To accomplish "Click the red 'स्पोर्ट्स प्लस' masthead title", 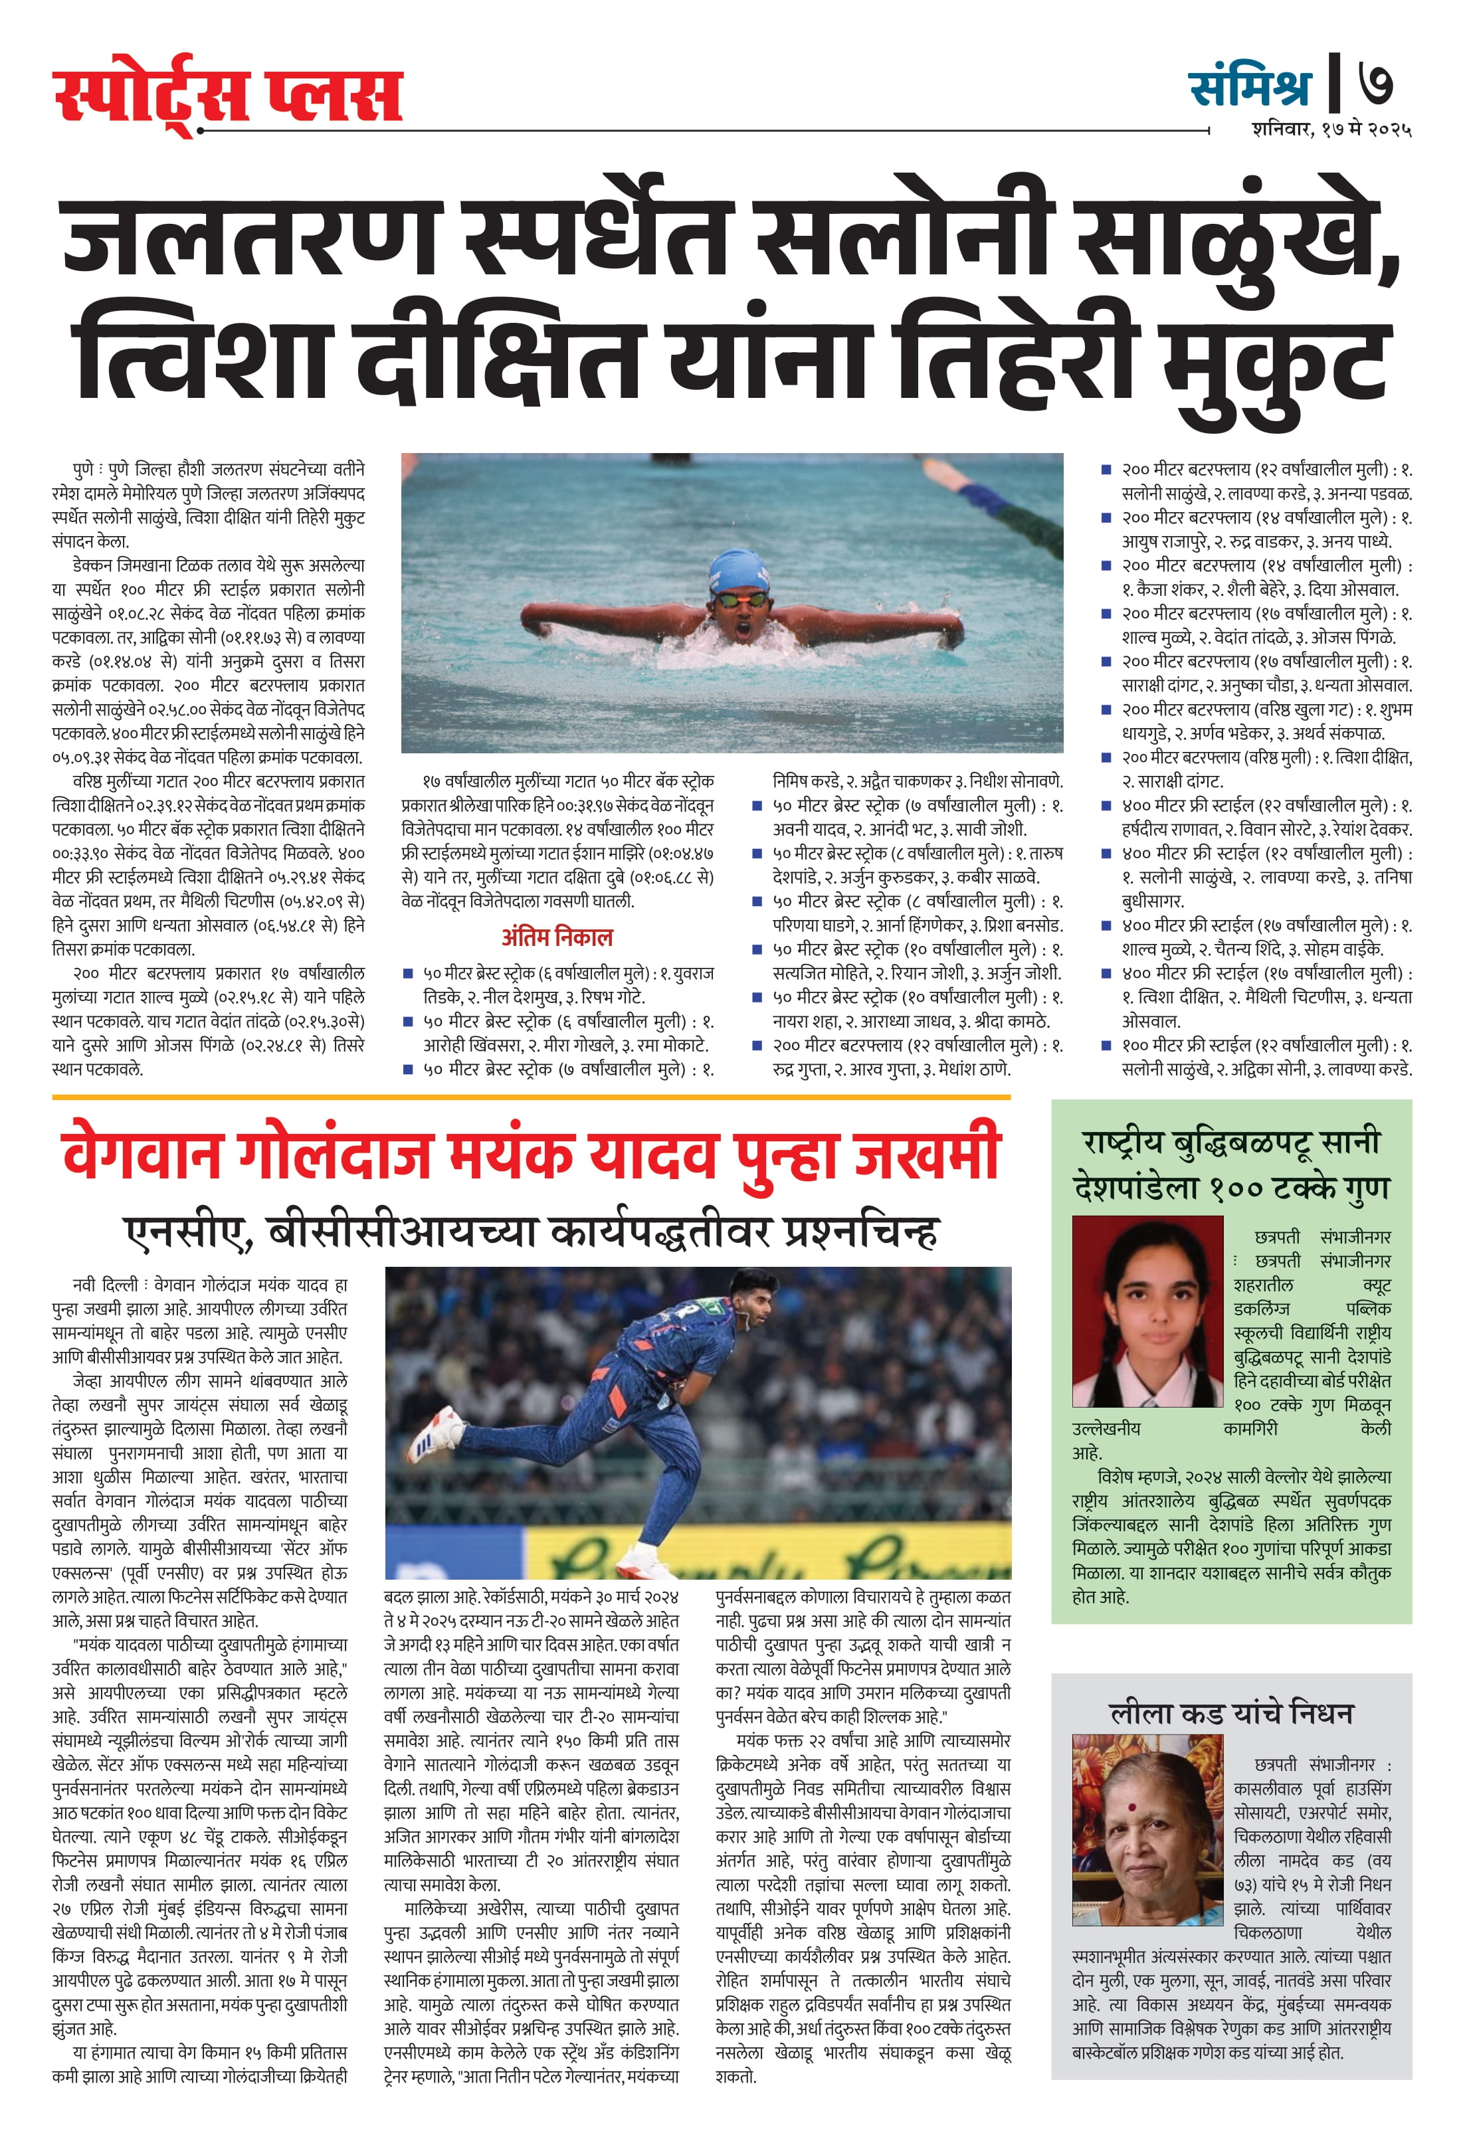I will coord(228,95).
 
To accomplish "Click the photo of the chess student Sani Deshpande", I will coord(1147,1311).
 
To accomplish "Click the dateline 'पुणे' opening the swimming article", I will coord(83,470).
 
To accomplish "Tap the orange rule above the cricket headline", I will coord(531,1097).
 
